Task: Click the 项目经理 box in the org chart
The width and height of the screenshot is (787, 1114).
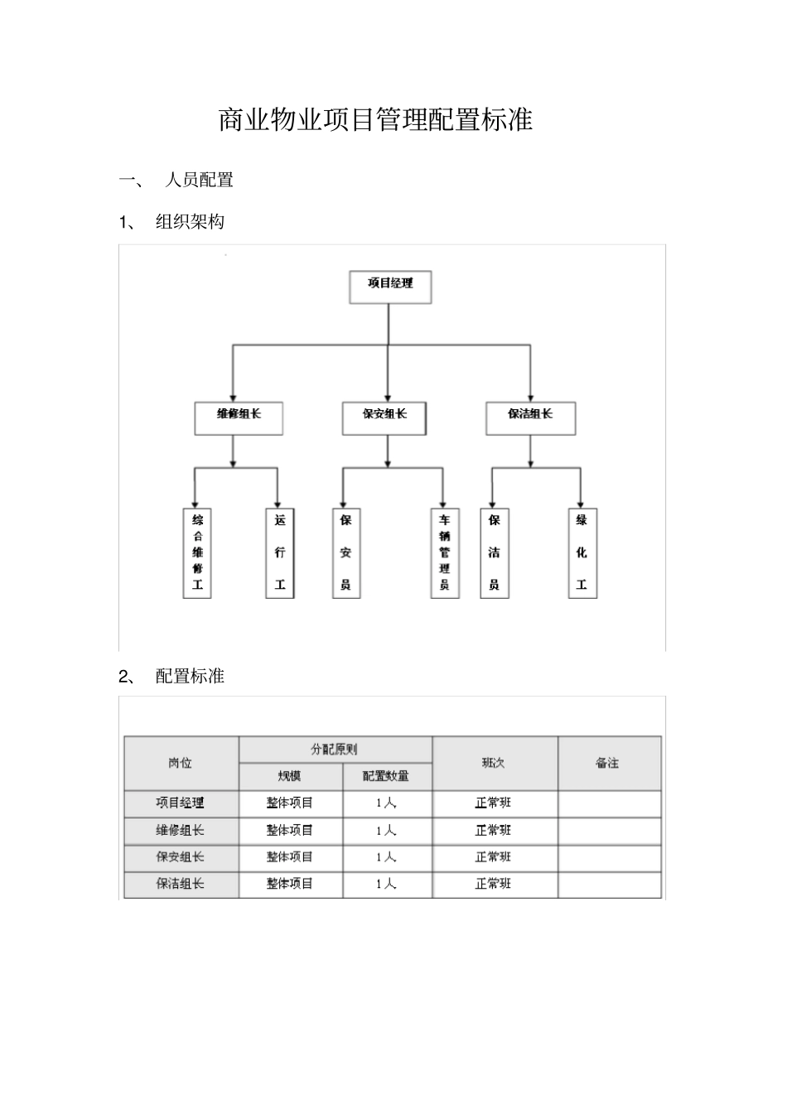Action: point(390,287)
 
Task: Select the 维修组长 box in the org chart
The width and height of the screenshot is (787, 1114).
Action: point(239,417)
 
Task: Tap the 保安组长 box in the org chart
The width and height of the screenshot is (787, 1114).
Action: point(384,417)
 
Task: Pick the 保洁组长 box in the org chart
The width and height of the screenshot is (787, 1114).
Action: point(530,417)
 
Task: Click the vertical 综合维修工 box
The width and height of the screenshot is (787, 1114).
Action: point(197,552)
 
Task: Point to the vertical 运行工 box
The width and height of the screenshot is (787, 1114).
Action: point(280,552)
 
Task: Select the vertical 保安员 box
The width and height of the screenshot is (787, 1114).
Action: point(345,552)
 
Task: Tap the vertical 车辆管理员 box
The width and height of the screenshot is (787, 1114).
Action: point(445,552)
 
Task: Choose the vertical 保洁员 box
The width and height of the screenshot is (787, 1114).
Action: point(495,552)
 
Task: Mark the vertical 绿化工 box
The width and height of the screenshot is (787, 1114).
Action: point(582,552)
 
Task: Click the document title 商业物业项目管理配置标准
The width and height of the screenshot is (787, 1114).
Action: point(375,120)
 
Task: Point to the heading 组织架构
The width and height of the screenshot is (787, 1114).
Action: point(190,222)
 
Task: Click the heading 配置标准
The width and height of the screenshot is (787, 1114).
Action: point(190,676)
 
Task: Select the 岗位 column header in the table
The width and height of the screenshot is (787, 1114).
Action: point(181,763)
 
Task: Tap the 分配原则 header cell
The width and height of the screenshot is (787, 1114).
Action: point(335,750)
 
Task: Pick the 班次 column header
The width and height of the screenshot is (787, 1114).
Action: point(494,763)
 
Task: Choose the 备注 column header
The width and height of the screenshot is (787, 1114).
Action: point(608,763)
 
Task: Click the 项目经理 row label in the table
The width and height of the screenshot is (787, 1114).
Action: point(181,803)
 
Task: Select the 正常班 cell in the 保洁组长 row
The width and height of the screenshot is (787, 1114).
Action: point(494,885)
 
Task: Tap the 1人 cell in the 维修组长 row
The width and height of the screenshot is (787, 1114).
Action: point(386,831)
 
